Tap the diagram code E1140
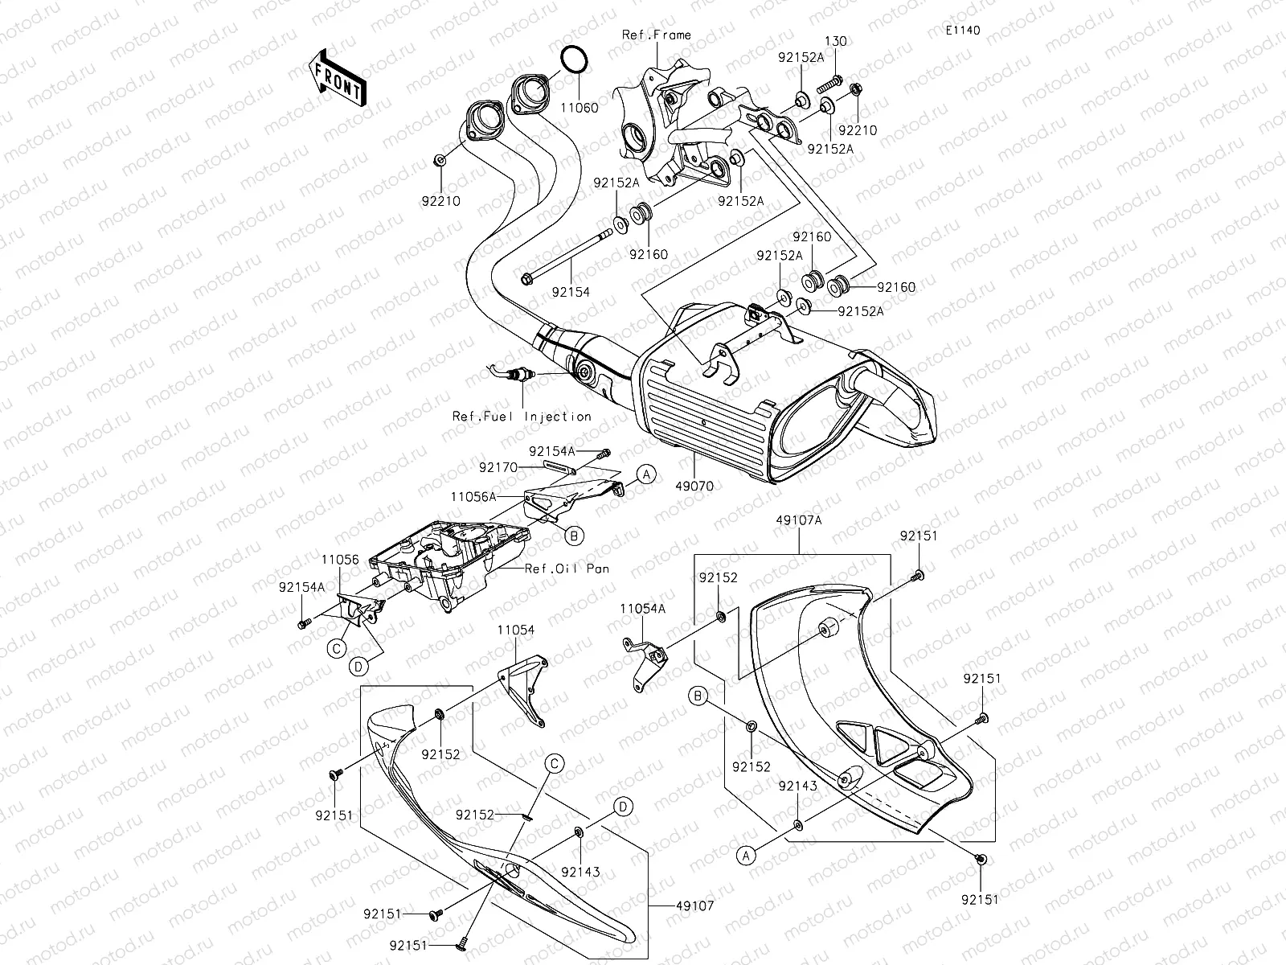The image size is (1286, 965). [x=962, y=31]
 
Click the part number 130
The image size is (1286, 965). [x=834, y=41]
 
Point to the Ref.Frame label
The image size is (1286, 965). [x=656, y=35]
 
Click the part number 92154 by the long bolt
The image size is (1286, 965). [x=571, y=293]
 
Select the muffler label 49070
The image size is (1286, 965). [x=694, y=487]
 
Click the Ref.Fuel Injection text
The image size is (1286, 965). [x=522, y=417]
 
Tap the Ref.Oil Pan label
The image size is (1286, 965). [x=567, y=569]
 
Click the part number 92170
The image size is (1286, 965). [x=498, y=466]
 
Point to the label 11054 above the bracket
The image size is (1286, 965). [x=515, y=630]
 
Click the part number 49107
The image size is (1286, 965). [x=694, y=905]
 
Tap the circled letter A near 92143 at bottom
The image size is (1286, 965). [x=747, y=857]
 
